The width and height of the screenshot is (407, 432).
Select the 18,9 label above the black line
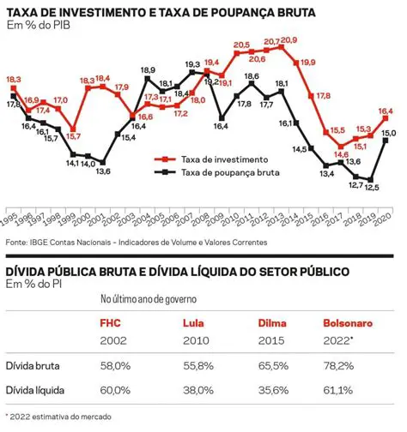[148, 70]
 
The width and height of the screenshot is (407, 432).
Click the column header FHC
[112, 325]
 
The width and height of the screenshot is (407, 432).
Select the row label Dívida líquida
[34, 390]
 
